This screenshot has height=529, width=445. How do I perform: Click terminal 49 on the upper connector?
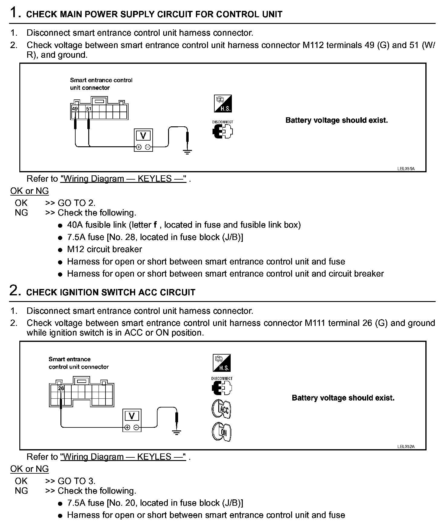[x=75, y=109]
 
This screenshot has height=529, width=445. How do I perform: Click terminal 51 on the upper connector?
[x=89, y=109]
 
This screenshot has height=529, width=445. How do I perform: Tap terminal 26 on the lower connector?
[x=61, y=388]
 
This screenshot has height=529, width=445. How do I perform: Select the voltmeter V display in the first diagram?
[x=143, y=136]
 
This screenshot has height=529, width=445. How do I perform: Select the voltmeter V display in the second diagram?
[x=132, y=416]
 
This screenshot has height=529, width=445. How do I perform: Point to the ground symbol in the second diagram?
[x=177, y=432]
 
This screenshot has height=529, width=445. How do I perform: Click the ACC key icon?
[x=222, y=409]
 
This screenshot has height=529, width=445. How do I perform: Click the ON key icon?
[x=222, y=432]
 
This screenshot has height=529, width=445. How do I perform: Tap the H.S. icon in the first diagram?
[x=223, y=104]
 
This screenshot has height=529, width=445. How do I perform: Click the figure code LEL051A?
[x=406, y=169]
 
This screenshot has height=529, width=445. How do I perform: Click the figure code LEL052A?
[x=406, y=446]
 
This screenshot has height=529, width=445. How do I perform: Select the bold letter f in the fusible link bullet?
[x=155, y=225]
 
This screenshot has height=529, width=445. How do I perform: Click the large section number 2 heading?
[x=15, y=290]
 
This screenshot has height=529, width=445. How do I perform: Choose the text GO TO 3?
[x=76, y=481]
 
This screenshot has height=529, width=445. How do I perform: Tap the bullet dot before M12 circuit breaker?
[x=60, y=250]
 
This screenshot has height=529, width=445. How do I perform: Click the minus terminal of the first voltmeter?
[x=148, y=147]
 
